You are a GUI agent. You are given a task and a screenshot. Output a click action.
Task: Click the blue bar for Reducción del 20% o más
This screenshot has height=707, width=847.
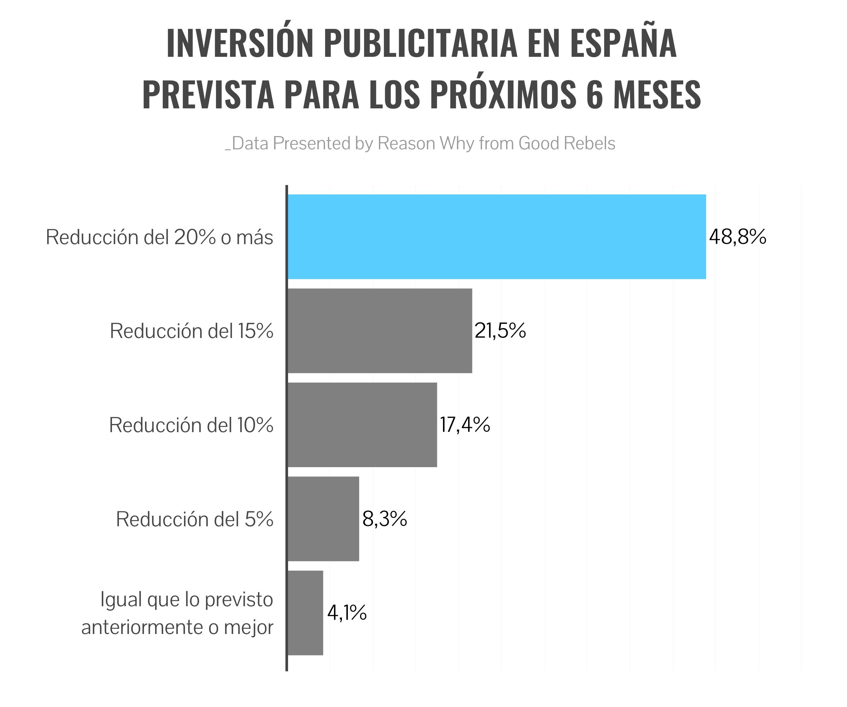(x=497, y=237)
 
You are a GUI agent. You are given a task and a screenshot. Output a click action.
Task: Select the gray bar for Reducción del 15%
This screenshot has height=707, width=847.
(x=380, y=331)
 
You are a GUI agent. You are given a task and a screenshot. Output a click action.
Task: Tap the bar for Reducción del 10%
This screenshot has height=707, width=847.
(x=362, y=425)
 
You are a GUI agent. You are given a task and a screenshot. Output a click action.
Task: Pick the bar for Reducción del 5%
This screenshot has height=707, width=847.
(x=323, y=519)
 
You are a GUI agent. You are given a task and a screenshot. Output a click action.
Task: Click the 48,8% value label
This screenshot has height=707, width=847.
(x=738, y=237)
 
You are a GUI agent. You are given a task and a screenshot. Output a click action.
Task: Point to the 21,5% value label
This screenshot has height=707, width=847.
(x=500, y=331)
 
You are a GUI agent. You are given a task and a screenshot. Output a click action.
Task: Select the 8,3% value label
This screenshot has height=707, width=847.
(x=385, y=519)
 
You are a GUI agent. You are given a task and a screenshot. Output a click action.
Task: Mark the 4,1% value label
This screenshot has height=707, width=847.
(x=347, y=613)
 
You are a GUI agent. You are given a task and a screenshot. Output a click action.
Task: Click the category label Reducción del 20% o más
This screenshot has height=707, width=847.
(x=159, y=237)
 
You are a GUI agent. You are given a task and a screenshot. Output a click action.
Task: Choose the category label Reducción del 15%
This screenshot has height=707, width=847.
(x=192, y=331)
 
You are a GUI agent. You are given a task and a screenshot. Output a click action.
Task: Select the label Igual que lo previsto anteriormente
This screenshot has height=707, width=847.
(x=177, y=613)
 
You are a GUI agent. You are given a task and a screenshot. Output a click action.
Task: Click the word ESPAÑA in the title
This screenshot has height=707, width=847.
(x=624, y=44)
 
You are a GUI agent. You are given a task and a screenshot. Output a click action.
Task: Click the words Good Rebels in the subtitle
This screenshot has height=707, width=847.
(x=567, y=143)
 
